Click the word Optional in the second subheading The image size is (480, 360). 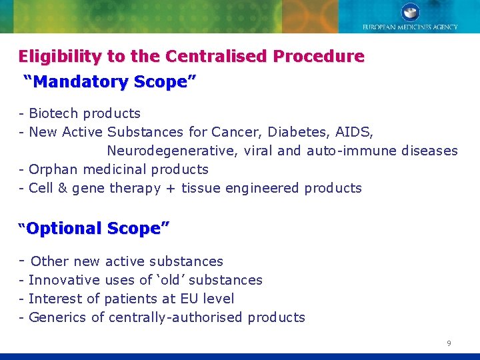[x=64, y=229]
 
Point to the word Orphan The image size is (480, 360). [x=53, y=169]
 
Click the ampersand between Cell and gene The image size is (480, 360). [x=63, y=188]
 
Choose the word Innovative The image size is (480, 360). [x=64, y=280]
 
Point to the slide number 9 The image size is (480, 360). [x=449, y=343]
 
